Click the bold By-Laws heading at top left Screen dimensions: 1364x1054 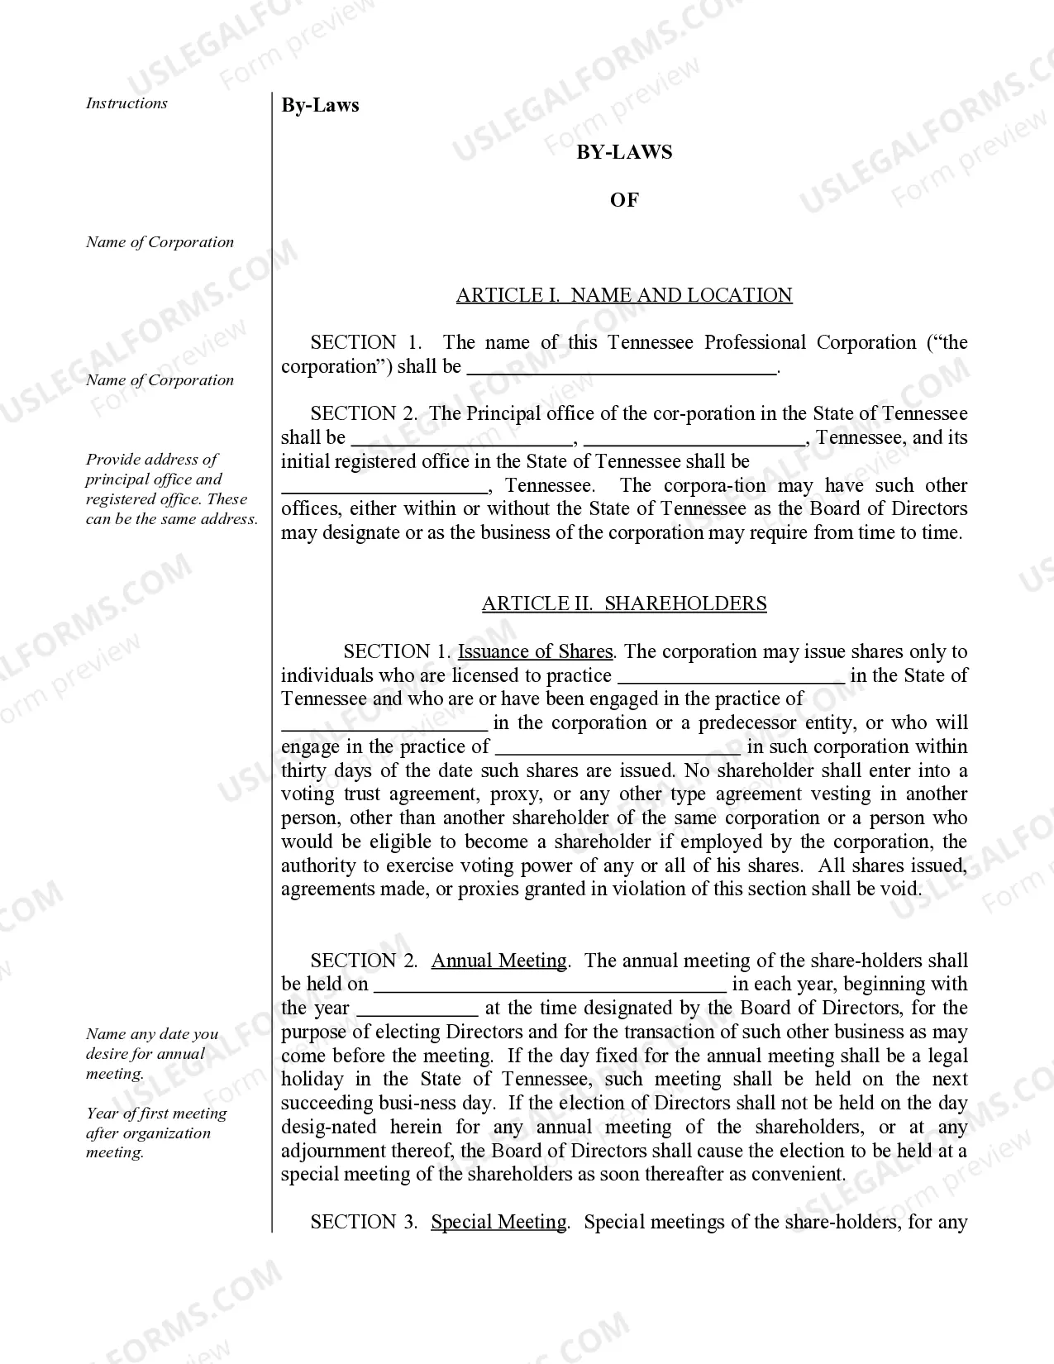(320, 105)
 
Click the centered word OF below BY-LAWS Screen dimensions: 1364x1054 (624, 200)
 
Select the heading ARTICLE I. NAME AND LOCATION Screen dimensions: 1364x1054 (624, 295)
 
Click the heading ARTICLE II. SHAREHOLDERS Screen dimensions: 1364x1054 (624, 603)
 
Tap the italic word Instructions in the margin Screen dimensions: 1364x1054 (126, 103)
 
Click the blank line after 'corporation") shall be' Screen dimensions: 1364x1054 (622, 368)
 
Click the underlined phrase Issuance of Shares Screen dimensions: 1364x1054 (535, 651)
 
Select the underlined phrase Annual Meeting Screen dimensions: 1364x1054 (498, 961)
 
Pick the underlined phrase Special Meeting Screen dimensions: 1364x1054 (498, 1222)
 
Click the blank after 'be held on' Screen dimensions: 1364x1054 (550, 985)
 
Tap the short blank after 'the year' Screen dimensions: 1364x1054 (417, 1009)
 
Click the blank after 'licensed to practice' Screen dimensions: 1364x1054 (731, 676)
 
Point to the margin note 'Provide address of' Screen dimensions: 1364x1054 (152, 460)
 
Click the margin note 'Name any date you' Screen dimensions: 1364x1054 (152, 1034)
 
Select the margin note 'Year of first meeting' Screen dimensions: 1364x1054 (156, 1114)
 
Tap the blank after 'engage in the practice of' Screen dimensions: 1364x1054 (618, 747)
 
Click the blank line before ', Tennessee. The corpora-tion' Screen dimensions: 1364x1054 (385, 486)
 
